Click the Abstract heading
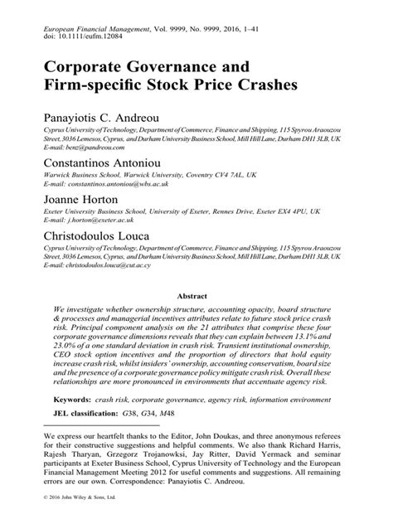(195, 295)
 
